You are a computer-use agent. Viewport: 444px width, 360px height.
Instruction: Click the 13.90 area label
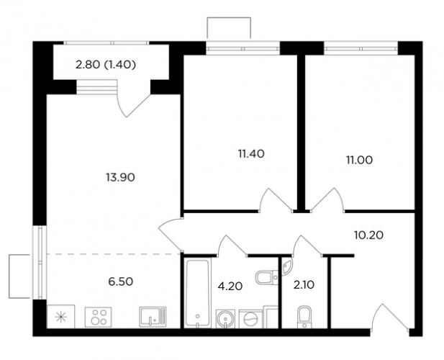click(x=120, y=178)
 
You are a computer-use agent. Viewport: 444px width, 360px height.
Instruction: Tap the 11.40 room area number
click(x=251, y=154)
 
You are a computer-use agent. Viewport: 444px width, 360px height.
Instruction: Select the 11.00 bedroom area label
click(x=359, y=161)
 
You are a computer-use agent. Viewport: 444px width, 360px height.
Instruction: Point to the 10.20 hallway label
click(x=368, y=235)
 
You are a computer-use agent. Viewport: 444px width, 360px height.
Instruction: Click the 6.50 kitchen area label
click(x=121, y=282)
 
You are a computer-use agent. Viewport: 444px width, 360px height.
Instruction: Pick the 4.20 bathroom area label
click(x=230, y=286)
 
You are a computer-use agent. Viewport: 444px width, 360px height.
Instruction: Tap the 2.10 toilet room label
click(x=304, y=285)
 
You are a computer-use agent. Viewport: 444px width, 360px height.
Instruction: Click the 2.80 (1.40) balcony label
click(x=106, y=65)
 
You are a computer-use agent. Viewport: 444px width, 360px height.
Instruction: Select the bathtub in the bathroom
click(x=198, y=293)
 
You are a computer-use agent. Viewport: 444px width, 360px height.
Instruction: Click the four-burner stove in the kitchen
click(x=99, y=318)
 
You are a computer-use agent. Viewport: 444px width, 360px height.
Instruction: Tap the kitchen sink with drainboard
click(x=153, y=317)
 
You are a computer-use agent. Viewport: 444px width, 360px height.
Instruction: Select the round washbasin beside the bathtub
click(x=225, y=319)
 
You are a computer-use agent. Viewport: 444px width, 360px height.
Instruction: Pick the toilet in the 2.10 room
click(x=304, y=317)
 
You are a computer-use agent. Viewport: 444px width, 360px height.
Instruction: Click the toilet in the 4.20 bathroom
click(x=267, y=277)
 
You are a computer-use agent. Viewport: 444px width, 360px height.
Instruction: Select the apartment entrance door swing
click(x=391, y=318)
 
